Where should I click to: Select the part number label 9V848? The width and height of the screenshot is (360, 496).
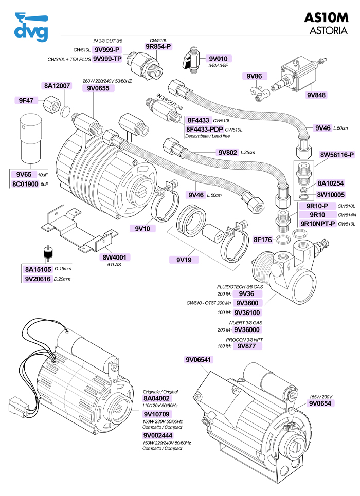point(317,95)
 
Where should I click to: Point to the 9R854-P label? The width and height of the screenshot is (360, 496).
point(158,46)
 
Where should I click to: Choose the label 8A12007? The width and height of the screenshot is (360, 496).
point(57,86)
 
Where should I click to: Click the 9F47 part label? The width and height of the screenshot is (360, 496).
point(26,100)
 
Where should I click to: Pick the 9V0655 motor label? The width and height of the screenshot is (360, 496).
point(98,88)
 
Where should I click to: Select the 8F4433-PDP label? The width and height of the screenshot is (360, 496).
point(204,130)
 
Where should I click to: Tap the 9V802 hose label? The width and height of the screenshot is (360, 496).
point(227,152)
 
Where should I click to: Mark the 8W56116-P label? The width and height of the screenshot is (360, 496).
point(337,155)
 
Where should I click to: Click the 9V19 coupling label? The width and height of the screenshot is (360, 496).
point(184,260)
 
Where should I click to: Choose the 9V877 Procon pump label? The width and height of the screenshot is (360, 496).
point(247,346)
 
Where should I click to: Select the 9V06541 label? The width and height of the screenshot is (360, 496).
point(198,360)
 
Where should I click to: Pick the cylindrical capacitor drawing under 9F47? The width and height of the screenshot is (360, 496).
point(30,138)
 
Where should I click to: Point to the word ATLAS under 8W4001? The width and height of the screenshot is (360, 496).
point(114,265)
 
